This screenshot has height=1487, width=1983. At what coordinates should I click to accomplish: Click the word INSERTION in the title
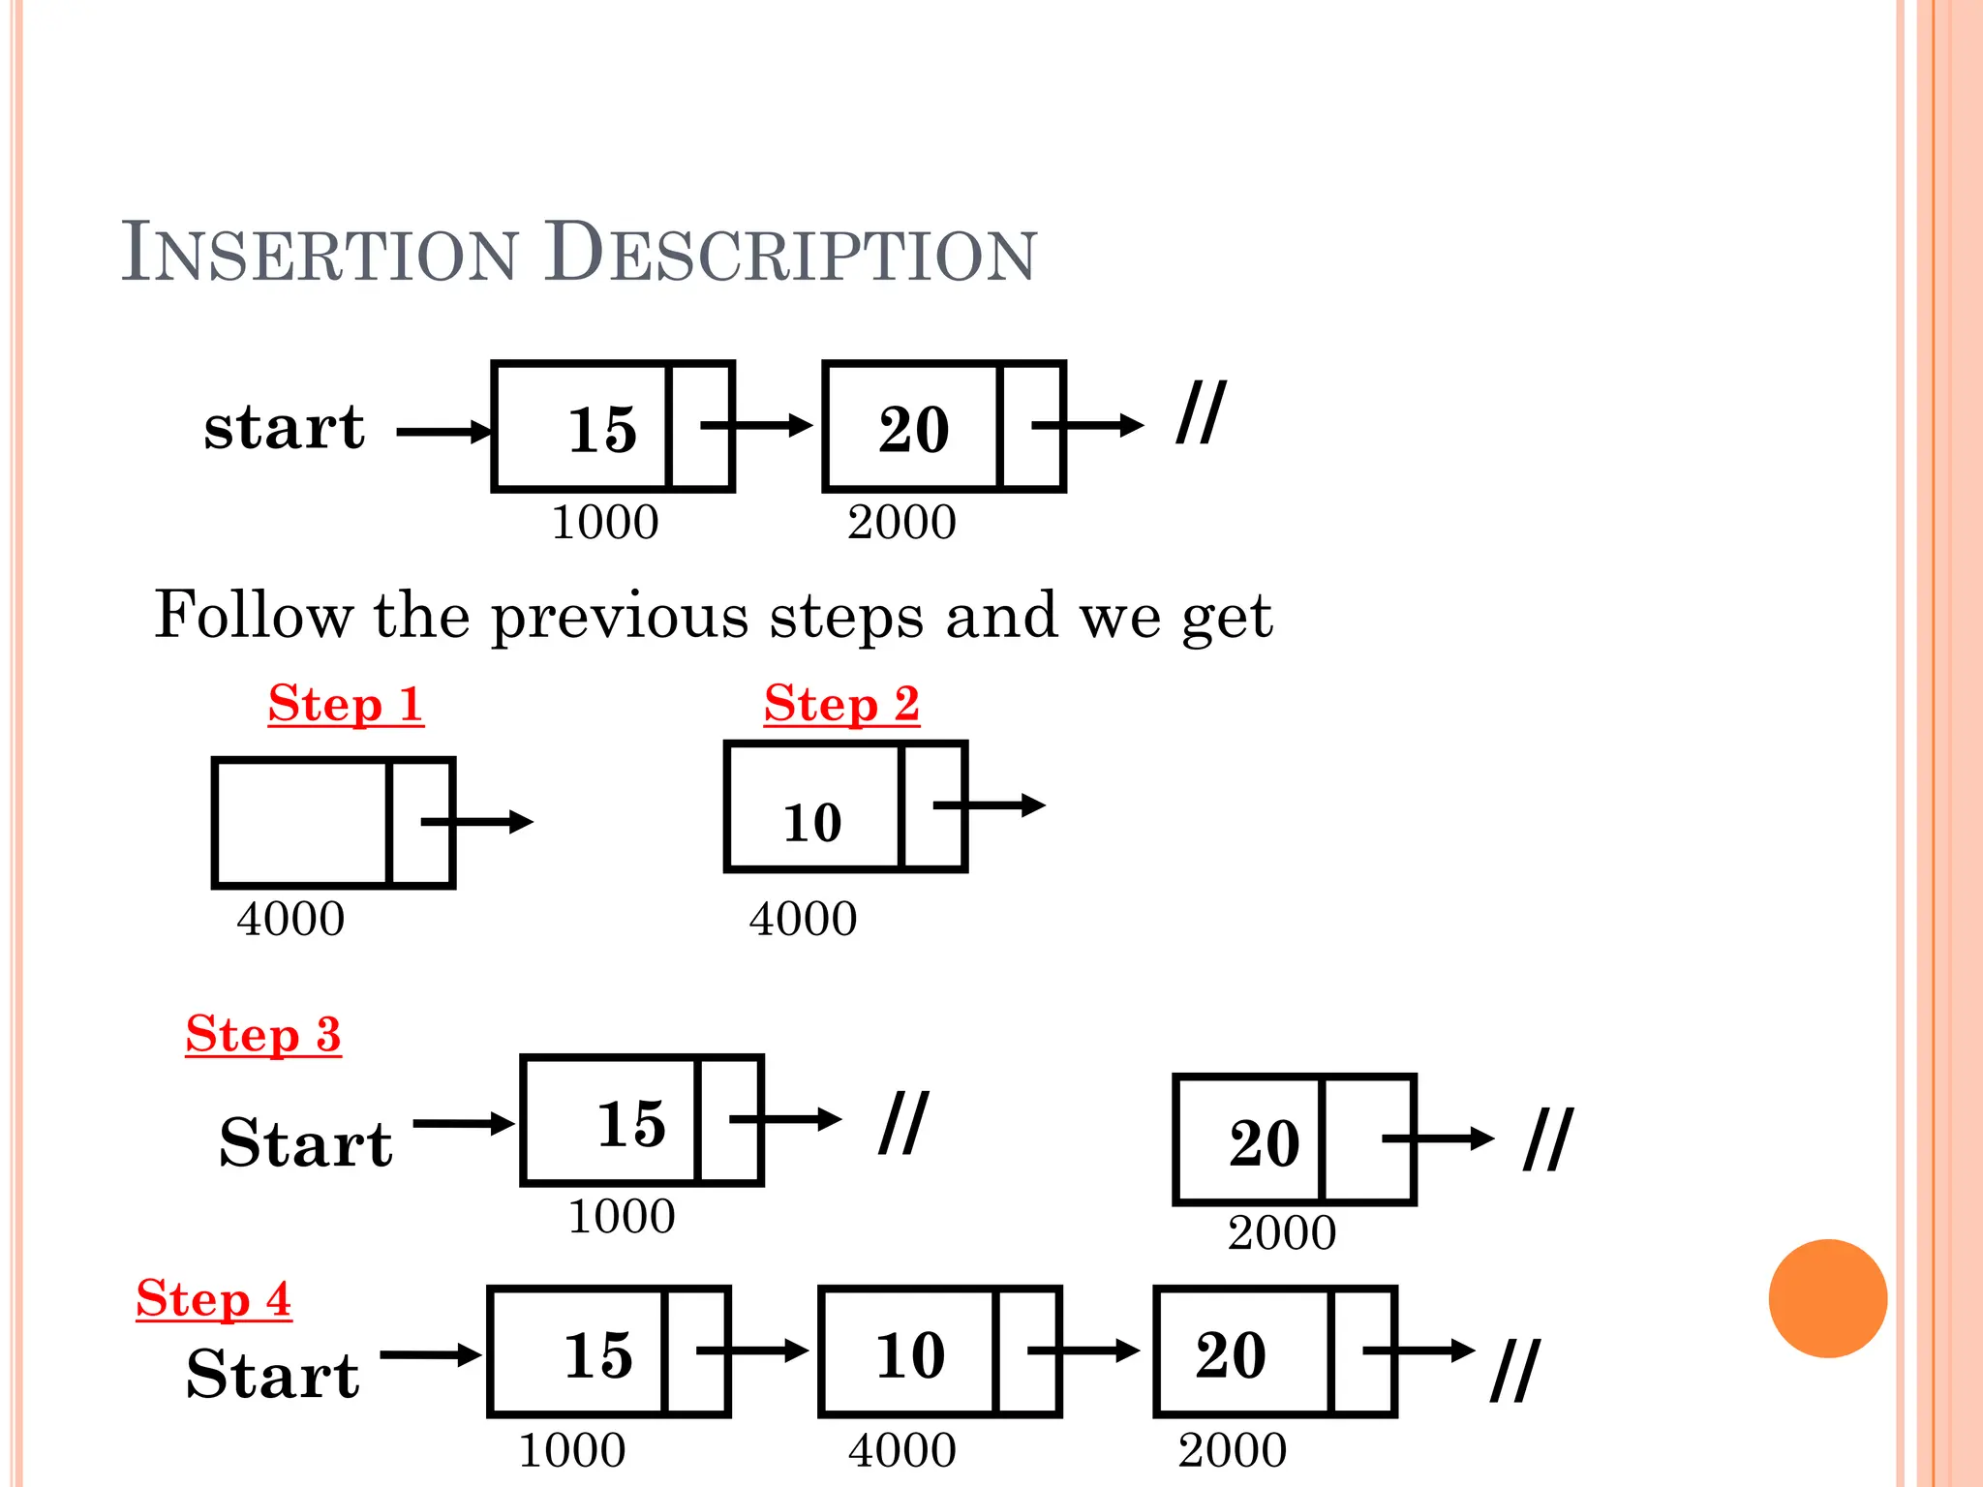coord(320,254)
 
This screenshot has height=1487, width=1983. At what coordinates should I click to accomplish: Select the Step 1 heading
coord(346,704)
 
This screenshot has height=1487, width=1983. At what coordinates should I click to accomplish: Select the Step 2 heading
coord(841,704)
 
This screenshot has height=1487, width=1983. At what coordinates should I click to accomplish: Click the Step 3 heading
coord(263,1034)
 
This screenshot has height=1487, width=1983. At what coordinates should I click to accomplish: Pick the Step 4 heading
coord(213,1298)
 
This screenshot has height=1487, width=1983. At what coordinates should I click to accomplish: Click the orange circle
coord(1827,1298)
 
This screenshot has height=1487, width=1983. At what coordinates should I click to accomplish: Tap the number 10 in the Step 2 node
coord(812,823)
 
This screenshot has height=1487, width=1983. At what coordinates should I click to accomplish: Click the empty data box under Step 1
coord(301,823)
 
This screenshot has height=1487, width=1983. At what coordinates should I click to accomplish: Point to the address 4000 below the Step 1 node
coord(290,918)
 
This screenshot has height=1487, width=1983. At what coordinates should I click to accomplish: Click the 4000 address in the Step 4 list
coord(902,1450)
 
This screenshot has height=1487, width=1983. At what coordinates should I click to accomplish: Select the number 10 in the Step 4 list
coord(910,1354)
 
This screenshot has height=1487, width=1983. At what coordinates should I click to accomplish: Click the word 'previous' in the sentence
coord(620,616)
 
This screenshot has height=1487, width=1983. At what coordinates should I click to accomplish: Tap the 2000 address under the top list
coord(901,523)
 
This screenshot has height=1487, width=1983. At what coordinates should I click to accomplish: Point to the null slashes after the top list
coord(1201,413)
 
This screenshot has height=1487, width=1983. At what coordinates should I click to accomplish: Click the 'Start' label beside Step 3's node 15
coord(306,1143)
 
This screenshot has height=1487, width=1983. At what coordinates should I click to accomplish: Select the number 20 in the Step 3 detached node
coord(1265,1143)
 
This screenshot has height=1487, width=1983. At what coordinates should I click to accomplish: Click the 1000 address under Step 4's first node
coord(572,1450)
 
